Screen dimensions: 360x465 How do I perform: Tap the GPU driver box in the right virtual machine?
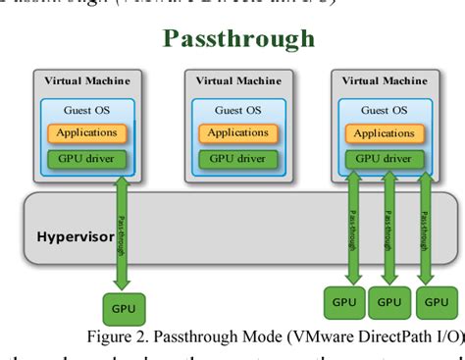coord(384,156)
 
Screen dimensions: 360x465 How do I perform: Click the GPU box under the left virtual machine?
coord(124,307)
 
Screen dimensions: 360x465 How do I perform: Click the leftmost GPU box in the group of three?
coord(345,303)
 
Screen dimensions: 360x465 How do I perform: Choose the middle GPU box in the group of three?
coord(389,303)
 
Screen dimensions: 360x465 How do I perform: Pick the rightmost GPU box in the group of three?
coord(434,303)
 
